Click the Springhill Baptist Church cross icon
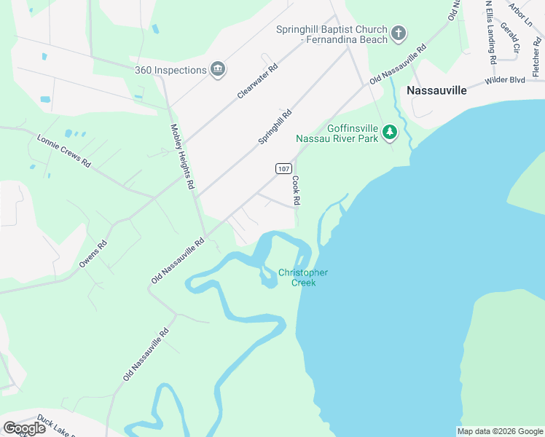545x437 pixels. tap(398, 33)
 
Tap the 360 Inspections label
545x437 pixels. tap(170, 70)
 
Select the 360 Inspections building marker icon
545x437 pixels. tap(217, 69)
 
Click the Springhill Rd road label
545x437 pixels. tap(275, 126)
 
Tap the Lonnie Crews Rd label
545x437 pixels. tap(63, 151)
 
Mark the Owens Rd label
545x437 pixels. tap(93, 254)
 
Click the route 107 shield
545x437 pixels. tap(283, 168)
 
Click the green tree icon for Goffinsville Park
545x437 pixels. tap(391, 132)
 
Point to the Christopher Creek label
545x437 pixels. tap(303, 277)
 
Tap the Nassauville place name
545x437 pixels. tap(436, 91)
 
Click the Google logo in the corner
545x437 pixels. tap(24, 428)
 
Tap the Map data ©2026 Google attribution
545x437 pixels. tap(500, 431)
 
